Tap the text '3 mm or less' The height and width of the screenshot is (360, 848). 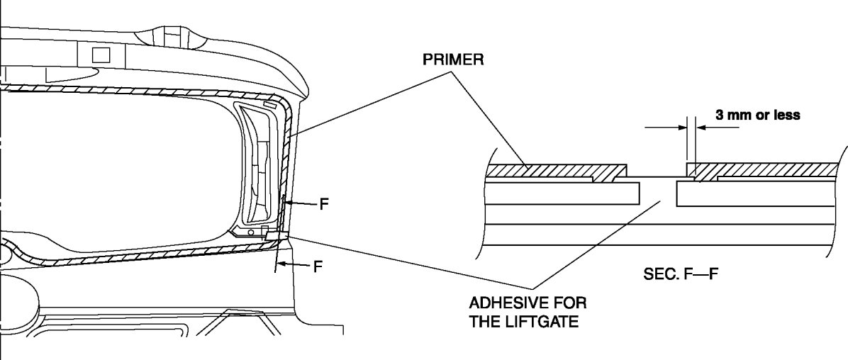[757, 115]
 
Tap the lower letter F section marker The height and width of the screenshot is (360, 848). [318, 267]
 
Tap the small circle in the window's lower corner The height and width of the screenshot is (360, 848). [250, 232]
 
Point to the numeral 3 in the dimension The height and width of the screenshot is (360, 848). [718, 115]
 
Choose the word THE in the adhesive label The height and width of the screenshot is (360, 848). [485, 321]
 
